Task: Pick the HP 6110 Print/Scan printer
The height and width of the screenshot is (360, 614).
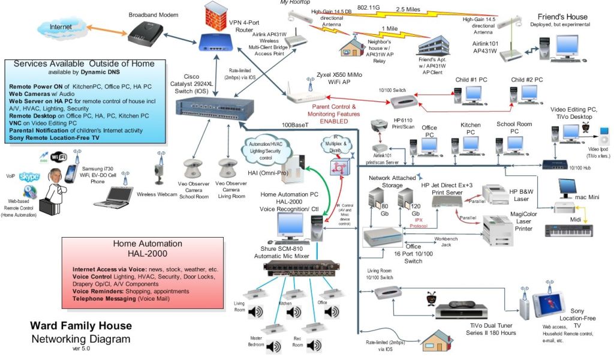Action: pyautogui.click(x=380, y=128)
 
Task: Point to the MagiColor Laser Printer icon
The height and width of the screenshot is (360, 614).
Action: pyautogui.click(x=497, y=227)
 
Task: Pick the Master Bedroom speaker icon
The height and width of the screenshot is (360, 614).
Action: pyautogui.click(x=273, y=347)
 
